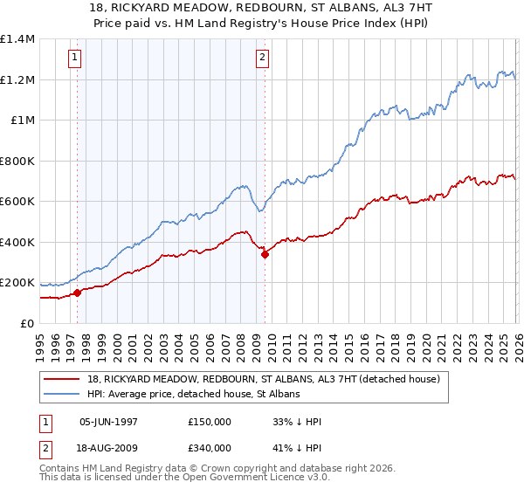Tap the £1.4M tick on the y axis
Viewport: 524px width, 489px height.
pyautogui.click(x=17, y=39)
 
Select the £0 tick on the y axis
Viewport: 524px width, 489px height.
pyautogui.click(x=27, y=323)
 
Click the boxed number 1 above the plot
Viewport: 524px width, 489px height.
pyautogui.click(x=75, y=59)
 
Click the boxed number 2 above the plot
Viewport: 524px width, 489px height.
pyautogui.click(x=262, y=59)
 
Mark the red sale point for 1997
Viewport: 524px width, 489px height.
pyautogui.click(x=77, y=293)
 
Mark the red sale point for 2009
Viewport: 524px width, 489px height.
pyautogui.click(x=265, y=254)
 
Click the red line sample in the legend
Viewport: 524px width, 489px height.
pyautogui.click(x=65, y=379)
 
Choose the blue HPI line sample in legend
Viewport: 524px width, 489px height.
pyautogui.click(x=65, y=394)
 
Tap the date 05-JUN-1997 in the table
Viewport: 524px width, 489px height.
pyautogui.click(x=109, y=422)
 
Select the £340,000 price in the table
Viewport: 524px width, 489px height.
pyautogui.click(x=210, y=447)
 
